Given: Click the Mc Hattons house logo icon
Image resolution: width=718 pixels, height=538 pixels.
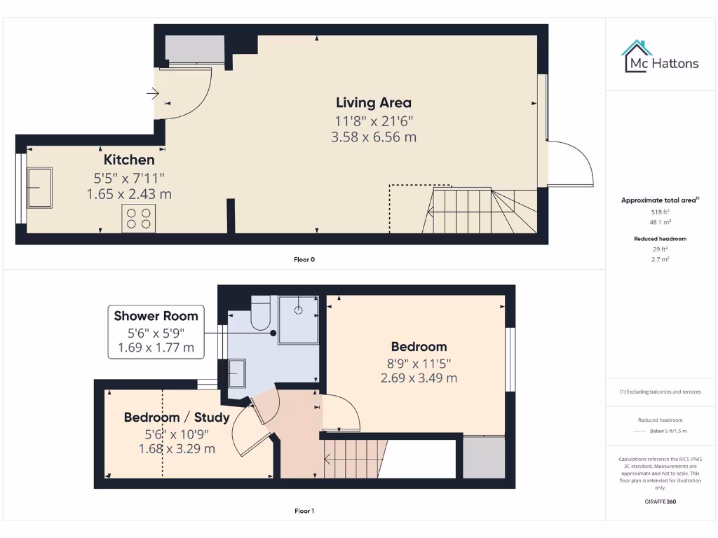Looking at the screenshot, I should pyautogui.click(x=637, y=56).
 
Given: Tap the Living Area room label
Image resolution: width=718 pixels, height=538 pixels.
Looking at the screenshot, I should pyautogui.click(x=373, y=103).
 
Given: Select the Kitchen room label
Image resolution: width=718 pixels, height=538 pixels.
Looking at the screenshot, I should pyautogui.click(x=129, y=160).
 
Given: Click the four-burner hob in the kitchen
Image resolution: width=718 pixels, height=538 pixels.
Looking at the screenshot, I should pyautogui.click(x=137, y=219).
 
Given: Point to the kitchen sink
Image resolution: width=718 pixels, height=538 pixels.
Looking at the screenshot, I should pyautogui.click(x=39, y=187).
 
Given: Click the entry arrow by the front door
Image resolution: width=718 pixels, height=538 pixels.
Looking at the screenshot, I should pyautogui.click(x=153, y=92).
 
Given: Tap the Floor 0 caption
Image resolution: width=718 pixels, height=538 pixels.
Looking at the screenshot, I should pyautogui.click(x=304, y=259).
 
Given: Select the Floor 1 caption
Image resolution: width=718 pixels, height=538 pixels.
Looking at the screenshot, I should pyautogui.click(x=304, y=511).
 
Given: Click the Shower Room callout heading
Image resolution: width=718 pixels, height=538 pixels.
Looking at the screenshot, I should pyautogui.click(x=156, y=316).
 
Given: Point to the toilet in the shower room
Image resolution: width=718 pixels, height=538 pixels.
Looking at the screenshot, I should pyautogui.click(x=260, y=313).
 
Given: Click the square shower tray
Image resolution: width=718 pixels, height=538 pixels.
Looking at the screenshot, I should pyautogui.click(x=299, y=319).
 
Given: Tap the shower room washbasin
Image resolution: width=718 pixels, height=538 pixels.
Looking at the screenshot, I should pyautogui.click(x=237, y=373).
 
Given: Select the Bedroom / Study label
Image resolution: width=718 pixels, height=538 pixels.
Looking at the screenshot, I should pyautogui.click(x=177, y=418).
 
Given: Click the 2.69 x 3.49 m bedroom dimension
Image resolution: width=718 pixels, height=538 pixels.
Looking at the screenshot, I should pyautogui.click(x=419, y=378).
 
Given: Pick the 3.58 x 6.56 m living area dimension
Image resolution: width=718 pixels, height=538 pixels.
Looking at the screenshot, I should pyautogui.click(x=373, y=137).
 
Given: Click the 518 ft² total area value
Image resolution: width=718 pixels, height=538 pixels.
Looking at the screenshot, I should pyautogui.click(x=659, y=211).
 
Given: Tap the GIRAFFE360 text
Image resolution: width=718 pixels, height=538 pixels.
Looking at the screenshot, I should pyautogui.click(x=659, y=502).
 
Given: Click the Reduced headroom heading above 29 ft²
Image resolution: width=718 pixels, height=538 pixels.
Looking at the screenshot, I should pyautogui.click(x=660, y=239).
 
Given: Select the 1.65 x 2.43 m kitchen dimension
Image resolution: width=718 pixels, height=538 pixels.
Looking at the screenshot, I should pyautogui.click(x=129, y=193).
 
